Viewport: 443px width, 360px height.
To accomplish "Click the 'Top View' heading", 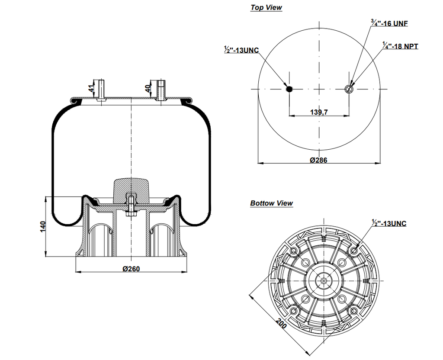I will tap(266, 7).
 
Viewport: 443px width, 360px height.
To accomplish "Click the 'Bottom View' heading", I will tap(271, 203).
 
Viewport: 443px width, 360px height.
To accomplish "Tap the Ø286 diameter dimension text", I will tap(319, 160).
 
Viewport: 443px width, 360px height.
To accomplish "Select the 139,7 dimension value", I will tap(319, 112).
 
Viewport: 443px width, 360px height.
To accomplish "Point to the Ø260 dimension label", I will tap(131, 268).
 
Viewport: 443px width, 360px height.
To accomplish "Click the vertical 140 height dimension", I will tap(42, 226).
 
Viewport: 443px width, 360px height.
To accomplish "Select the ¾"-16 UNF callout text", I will tap(389, 23).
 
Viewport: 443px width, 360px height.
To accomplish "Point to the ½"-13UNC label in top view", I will tap(241, 50).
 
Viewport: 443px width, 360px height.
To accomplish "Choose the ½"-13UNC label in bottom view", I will tap(389, 223).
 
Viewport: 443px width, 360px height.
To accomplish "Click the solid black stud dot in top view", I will tap(289, 89).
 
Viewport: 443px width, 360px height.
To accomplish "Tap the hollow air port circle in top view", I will tap(349, 89).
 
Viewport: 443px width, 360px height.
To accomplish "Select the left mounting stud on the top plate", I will tap(101, 90).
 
